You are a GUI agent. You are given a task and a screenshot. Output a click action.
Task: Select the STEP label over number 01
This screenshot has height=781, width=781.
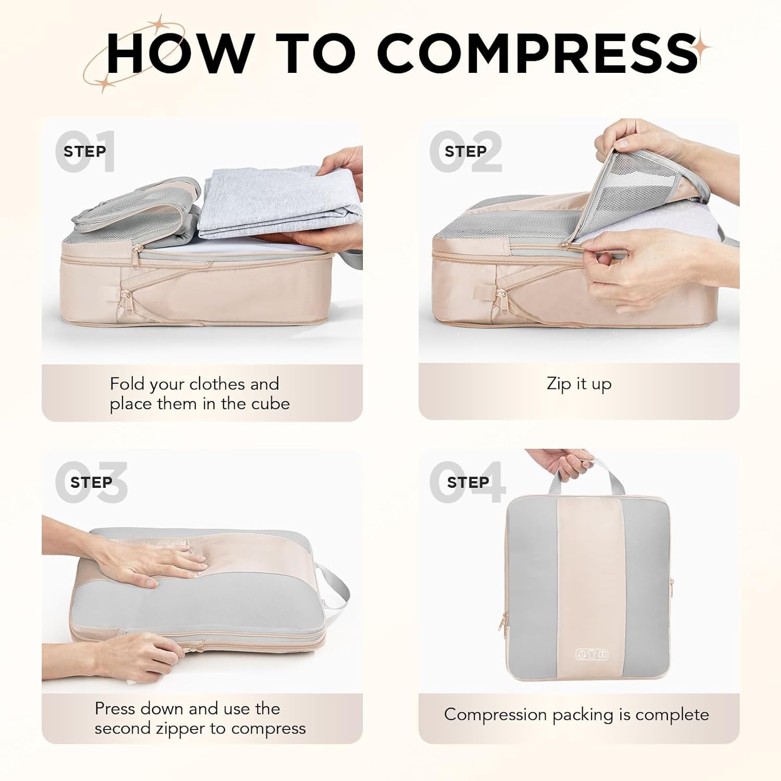pos(85,151)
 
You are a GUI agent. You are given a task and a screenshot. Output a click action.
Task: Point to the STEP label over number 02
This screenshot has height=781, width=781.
pos(466,151)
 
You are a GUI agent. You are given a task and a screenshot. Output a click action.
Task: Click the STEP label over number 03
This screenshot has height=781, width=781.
pos(91,482)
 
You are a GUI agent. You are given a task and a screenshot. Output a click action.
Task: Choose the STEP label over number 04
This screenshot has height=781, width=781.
pos(468,482)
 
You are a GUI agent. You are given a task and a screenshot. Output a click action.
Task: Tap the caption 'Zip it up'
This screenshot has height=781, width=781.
pos(579,384)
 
